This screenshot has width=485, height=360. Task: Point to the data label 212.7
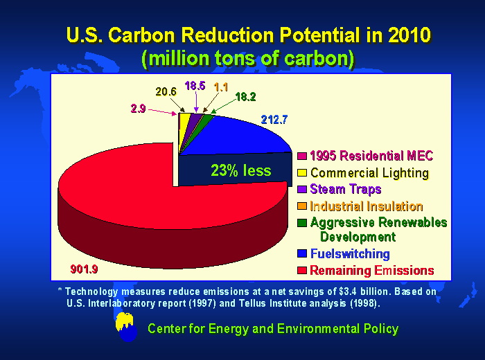point(274,120)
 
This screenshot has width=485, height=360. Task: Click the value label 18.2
point(246,97)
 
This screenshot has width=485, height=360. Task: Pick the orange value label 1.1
point(222,87)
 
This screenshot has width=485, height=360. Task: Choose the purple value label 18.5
point(195,86)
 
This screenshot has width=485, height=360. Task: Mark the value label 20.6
point(166,91)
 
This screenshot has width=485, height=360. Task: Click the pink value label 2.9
point(137,109)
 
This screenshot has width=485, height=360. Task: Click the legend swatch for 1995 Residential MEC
point(303,156)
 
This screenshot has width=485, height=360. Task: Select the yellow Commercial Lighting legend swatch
point(303,173)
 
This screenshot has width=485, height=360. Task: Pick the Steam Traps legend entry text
point(345,189)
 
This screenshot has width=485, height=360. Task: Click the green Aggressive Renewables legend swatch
point(303,222)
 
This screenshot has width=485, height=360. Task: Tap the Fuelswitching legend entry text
point(350,254)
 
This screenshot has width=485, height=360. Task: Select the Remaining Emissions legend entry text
point(371,270)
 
